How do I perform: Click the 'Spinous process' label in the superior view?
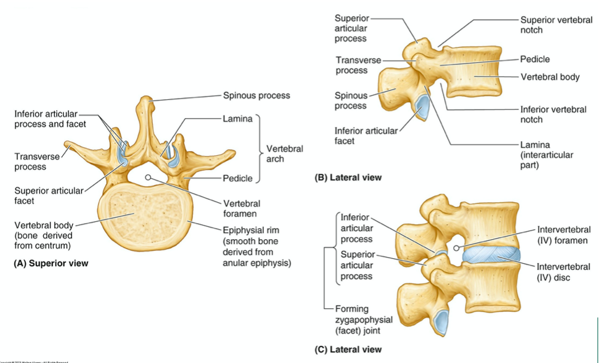pos(256,96)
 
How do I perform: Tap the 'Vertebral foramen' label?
pos(241,208)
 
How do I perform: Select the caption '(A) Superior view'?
pos(51,263)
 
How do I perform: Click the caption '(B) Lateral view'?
pos(348,177)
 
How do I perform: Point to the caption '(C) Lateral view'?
pos(348,349)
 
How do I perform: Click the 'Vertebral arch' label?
pos(284,153)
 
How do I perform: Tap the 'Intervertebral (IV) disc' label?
pos(564,272)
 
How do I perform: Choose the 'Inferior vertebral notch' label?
pos(553,114)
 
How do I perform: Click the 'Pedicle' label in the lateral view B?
pos(535,59)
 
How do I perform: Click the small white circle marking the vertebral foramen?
pos(148,177)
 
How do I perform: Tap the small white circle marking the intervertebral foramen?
pos(456,248)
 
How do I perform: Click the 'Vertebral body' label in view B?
pos(550,77)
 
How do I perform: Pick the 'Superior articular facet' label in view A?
pos(49,195)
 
